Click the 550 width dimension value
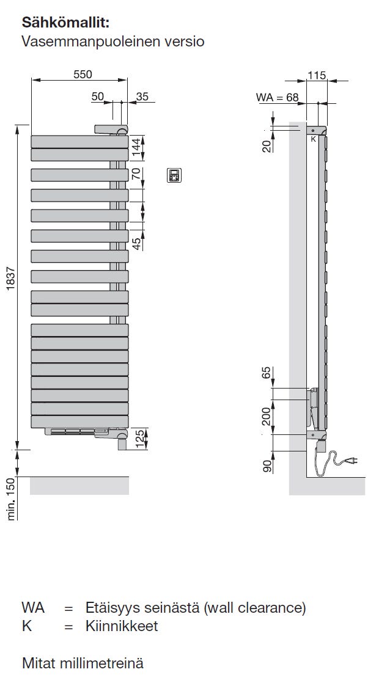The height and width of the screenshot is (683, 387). coord(83,75)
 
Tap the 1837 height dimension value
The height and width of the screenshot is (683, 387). coord(12,278)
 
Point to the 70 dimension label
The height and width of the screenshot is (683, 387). coord(137,173)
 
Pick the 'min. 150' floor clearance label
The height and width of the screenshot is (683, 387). coord(12,499)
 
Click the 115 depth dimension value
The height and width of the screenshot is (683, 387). coord(317,75)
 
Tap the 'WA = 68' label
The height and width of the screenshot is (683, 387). coord(278,97)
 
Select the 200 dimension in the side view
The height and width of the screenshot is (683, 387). coord(267,417)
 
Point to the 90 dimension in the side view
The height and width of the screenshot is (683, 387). coord(267,466)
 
